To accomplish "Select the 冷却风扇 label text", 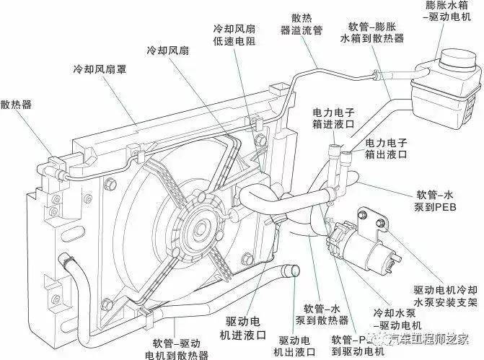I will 167,51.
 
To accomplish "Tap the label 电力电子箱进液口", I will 337,120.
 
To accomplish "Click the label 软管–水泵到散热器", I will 326,312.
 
